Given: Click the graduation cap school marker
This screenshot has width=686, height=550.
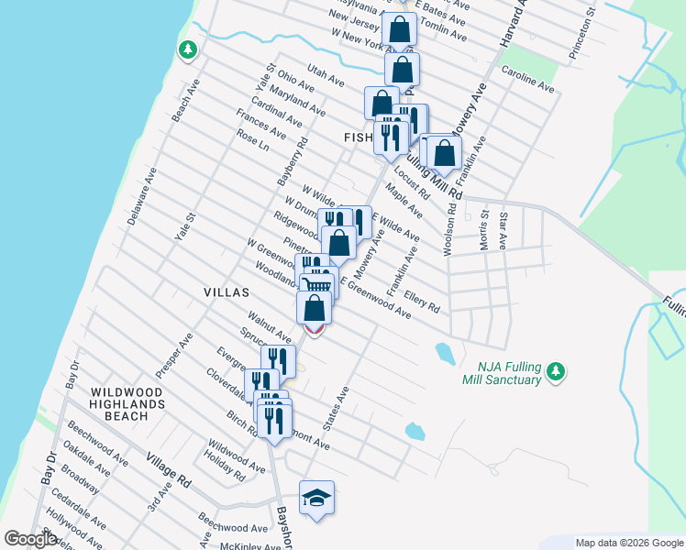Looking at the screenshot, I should [x=316, y=498].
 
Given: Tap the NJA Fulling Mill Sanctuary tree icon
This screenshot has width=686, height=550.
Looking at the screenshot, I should [x=554, y=371].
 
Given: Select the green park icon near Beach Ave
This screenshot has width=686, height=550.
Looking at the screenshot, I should [x=188, y=49].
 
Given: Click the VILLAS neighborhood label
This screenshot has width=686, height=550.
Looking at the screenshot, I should [x=227, y=292].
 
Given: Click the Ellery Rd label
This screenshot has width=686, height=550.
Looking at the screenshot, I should [x=423, y=298].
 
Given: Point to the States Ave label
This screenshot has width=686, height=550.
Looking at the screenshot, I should [x=337, y=408].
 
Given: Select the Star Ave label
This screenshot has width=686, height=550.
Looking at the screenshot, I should [x=503, y=229].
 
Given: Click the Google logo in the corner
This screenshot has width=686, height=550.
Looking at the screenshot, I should [x=31, y=539].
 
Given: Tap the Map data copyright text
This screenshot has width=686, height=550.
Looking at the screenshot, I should [x=629, y=543].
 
